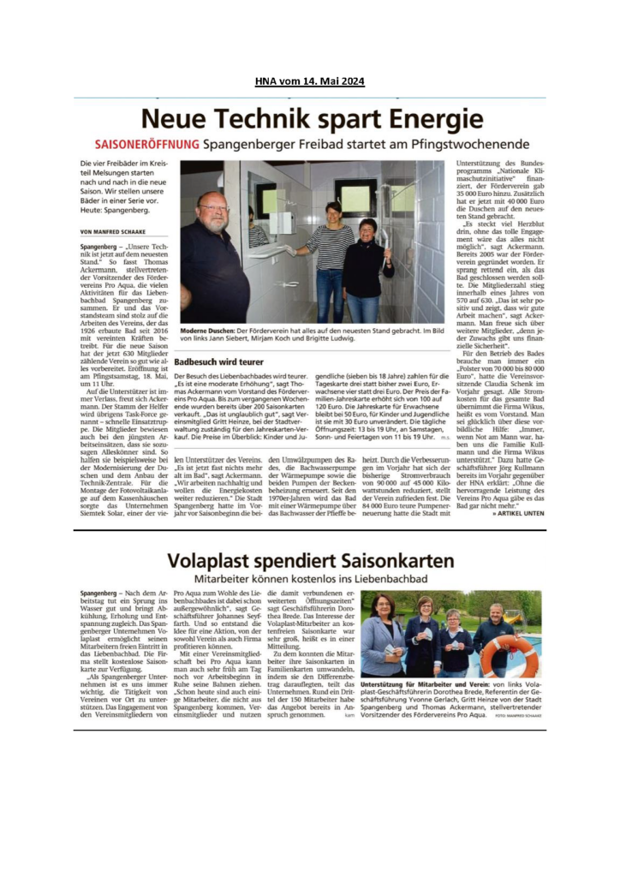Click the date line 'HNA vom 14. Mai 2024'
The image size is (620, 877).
click(309, 81)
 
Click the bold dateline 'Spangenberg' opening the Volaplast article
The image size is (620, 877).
click(98, 593)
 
